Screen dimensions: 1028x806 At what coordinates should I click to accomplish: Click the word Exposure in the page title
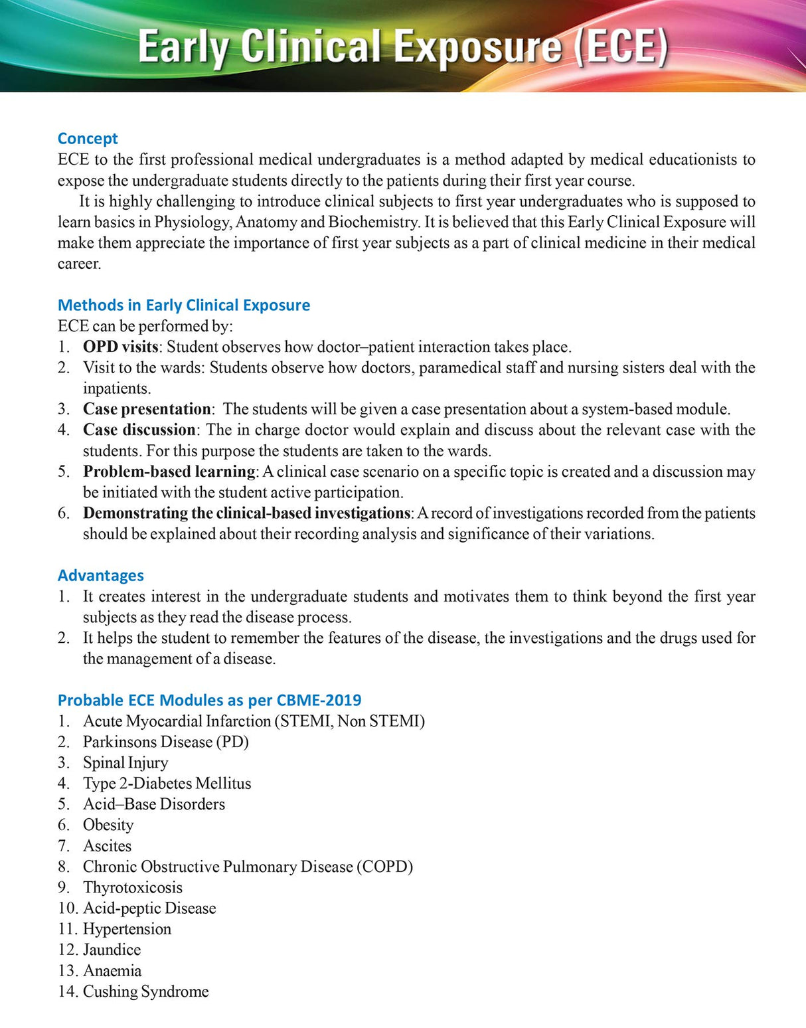coord(477,48)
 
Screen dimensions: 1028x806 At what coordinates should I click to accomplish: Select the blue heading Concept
coord(88,138)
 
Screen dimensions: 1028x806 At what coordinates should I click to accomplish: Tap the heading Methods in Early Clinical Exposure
coord(184,305)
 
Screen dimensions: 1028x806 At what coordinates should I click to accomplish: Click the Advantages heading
coord(101,575)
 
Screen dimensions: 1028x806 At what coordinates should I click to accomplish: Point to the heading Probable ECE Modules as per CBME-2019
coord(209,700)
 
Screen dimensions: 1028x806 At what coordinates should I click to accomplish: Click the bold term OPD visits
coord(120,347)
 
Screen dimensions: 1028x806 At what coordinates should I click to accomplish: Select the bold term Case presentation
coord(147,409)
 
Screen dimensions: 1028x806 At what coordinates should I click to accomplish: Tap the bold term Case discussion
coord(139,430)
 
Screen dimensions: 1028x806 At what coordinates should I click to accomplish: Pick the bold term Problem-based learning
coord(169,471)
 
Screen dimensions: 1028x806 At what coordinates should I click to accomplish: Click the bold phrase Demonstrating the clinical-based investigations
coord(246,513)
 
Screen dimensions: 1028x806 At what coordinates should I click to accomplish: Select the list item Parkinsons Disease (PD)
coord(165,742)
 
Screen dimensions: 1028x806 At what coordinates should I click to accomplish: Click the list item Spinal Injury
coord(125,762)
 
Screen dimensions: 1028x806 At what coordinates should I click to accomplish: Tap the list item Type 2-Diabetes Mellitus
coord(167,784)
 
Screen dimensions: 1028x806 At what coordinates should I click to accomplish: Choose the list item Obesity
coord(108,825)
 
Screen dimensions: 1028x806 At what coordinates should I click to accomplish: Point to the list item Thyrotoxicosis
coord(132,887)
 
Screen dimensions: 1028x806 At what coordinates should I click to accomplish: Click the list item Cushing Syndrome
coord(145,991)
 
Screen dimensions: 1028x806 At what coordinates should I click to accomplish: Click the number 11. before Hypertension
coord(68,929)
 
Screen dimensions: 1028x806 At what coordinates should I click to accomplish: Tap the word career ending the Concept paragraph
coord(78,264)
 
